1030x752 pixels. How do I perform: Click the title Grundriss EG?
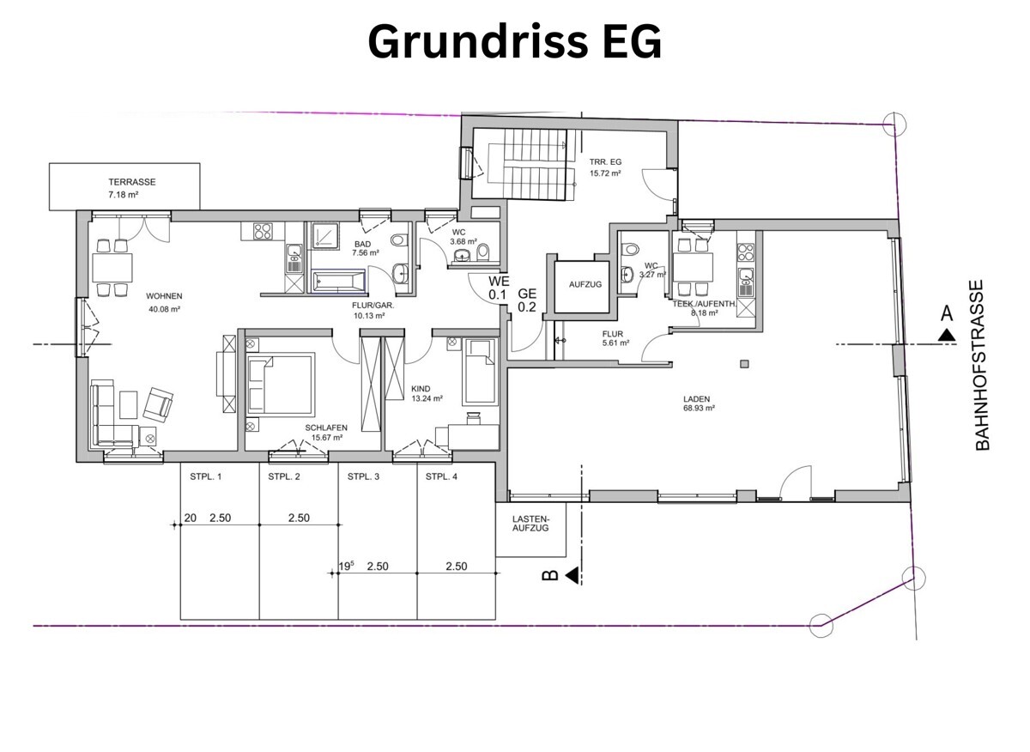(515, 42)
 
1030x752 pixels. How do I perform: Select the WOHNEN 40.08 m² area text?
(139, 302)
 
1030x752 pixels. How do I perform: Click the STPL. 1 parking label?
(204, 477)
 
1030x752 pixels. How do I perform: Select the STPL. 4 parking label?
(440, 477)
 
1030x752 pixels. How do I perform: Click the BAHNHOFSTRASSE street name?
(984, 364)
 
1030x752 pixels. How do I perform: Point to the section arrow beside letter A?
(947, 336)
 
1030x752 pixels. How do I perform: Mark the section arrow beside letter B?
(571, 575)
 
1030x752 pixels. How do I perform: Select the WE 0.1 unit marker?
(500, 288)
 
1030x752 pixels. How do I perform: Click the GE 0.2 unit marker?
(527, 300)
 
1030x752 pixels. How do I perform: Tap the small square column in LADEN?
(744, 363)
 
